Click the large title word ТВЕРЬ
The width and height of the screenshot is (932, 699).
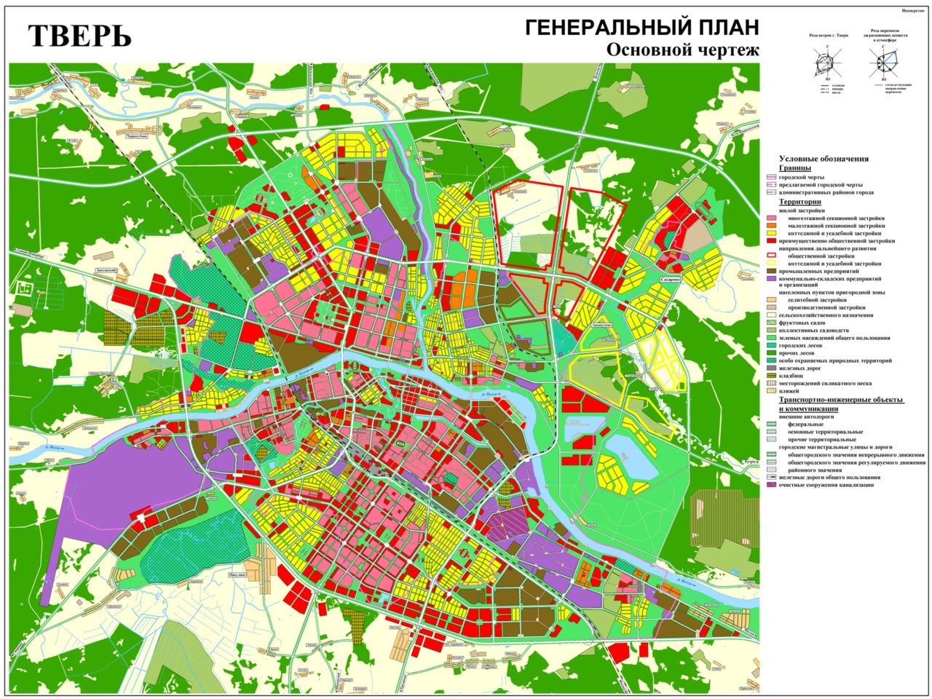(x=80, y=35)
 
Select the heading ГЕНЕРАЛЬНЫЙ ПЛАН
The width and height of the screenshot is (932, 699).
(x=641, y=28)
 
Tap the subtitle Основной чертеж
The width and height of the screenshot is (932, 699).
(x=682, y=50)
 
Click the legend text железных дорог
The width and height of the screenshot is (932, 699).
(x=801, y=368)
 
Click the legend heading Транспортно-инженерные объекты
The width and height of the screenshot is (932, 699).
(x=841, y=400)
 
